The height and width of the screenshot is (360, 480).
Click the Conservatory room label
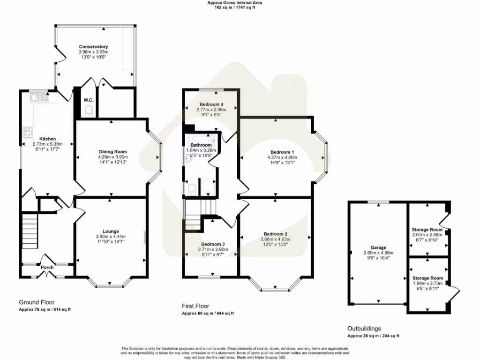tap(93, 47)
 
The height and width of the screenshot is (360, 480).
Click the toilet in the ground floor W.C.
tap(89, 111)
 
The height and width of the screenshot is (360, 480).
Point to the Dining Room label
tap(112, 151)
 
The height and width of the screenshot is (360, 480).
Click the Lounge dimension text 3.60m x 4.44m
tap(111, 237)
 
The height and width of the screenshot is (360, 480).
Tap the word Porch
tap(47, 268)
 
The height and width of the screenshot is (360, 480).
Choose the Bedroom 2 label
tap(275, 234)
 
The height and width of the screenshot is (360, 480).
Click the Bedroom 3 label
tap(213, 244)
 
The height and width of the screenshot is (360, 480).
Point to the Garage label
tap(378, 247)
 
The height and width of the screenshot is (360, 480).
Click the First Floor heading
tap(196, 306)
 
